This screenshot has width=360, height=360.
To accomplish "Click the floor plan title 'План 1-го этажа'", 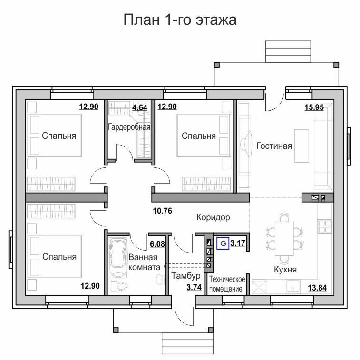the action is coord(180,20).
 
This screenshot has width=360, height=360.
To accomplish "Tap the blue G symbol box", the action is coord(223,243).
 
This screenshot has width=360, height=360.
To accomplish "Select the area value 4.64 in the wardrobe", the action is coord(140,107).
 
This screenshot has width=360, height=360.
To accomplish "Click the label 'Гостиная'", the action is coord(274,146).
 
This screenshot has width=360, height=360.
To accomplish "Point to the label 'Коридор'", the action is coord(213,217).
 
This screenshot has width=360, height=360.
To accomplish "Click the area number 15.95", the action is coord(314,107).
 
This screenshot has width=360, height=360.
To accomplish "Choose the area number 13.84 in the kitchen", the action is coord(317,288).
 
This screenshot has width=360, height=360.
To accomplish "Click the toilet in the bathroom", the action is coord(119,286).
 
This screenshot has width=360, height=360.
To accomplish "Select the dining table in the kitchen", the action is coord(284,238).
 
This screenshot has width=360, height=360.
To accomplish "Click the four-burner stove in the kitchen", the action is coord(325,227).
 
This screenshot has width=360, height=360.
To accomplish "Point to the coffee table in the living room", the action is coord(302,146).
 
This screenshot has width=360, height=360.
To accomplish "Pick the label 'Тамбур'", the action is coord(186,275).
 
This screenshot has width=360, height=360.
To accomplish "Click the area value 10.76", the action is coord(162,211).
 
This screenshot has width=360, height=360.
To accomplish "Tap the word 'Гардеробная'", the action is coord(129,126).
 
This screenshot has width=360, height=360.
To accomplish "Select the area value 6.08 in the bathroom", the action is coord(157,244).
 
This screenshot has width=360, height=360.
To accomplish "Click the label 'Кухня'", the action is coord(285,269).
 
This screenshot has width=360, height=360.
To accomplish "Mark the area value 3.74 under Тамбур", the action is coord(194,287).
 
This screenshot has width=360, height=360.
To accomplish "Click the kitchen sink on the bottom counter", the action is coord(292,287).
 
